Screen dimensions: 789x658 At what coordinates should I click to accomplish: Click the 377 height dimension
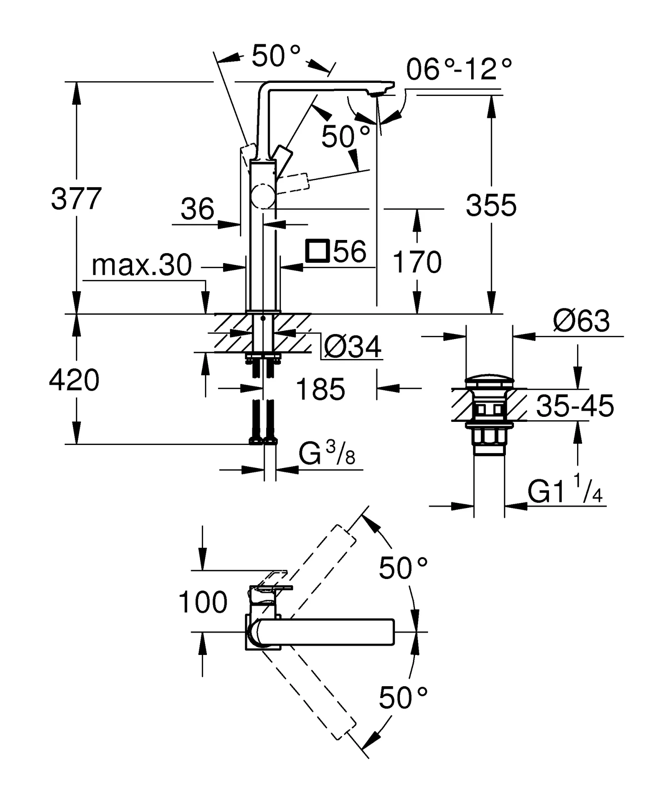[76, 199]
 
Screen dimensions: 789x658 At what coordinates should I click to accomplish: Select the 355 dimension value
[491, 205]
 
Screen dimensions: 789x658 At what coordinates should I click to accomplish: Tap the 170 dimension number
[417, 262]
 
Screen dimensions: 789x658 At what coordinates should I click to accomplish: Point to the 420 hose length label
[74, 380]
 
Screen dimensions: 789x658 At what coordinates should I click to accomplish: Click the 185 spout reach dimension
[321, 389]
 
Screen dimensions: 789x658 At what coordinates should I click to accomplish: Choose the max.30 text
[141, 265]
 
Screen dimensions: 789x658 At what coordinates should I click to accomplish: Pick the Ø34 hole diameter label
[352, 347]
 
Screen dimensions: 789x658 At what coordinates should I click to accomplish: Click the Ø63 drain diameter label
[581, 321]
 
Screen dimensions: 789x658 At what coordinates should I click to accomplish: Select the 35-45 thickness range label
[575, 406]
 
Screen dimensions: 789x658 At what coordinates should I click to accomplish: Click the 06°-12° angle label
[459, 70]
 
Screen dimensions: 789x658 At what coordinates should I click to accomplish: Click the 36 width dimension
[197, 209]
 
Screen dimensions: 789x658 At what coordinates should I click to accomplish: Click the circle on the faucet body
[263, 197]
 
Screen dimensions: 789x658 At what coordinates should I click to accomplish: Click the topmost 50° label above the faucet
[276, 56]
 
